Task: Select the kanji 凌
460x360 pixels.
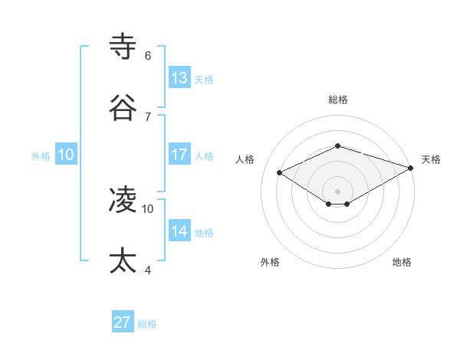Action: coord(123,200)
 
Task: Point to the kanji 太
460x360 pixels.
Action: coord(123,260)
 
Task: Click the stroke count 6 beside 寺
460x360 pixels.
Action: coord(148,55)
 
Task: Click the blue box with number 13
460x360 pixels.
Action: coord(179,78)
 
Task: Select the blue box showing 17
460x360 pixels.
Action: coord(179,155)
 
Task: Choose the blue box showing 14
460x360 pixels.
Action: coord(179,231)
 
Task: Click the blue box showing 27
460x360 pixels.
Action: coord(123,322)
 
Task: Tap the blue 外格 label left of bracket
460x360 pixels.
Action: coord(41,155)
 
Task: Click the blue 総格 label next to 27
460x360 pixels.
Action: coord(147,324)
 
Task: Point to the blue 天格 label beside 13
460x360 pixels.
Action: coord(203,80)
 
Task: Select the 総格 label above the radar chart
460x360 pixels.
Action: coord(337,100)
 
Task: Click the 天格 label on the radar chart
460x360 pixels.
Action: coord(431,159)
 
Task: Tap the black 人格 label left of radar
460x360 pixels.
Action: coord(245,159)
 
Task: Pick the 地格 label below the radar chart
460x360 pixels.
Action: coord(402,262)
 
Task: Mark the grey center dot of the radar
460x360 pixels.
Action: coord(337,191)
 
